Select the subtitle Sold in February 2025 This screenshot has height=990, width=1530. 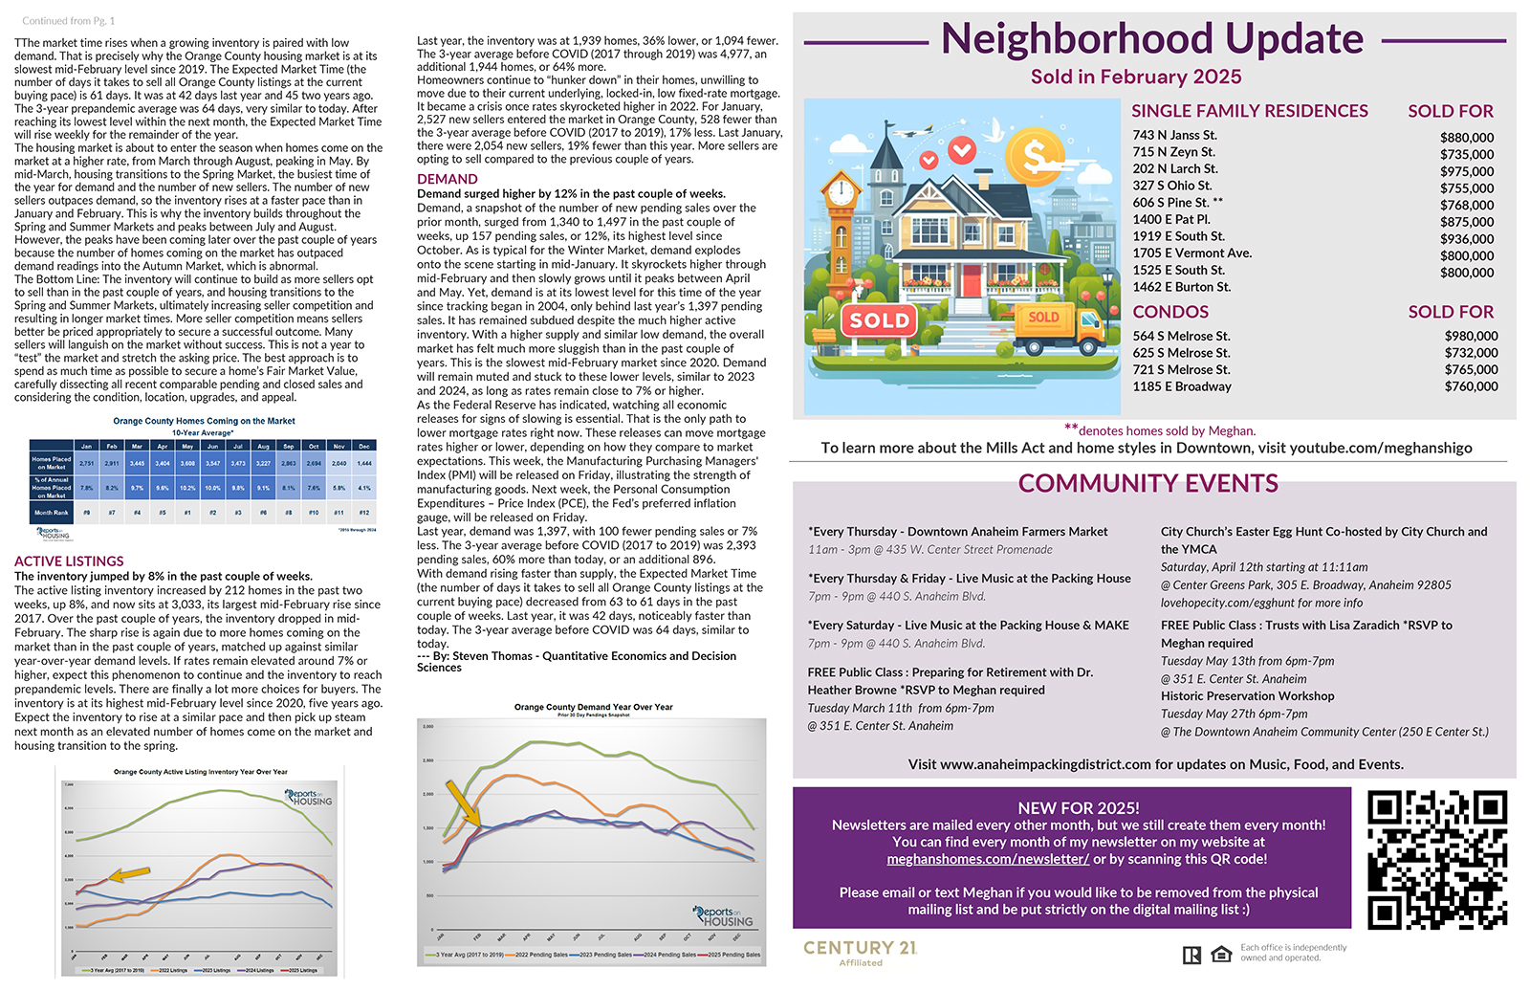tap(1136, 77)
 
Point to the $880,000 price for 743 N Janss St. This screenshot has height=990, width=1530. tap(1466, 138)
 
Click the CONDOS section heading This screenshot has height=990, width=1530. tap(1170, 312)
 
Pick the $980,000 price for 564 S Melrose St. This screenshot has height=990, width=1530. tap(1471, 336)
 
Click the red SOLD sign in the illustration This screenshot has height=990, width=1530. tap(880, 320)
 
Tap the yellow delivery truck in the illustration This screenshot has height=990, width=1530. tap(1062, 328)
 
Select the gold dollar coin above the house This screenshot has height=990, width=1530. tap(1036, 156)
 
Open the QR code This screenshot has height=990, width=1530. tap(1436, 859)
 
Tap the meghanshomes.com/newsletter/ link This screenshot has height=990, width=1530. tap(988, 859)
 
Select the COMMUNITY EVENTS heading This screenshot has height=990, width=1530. tap(1147, 484)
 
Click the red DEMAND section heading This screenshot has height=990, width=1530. tap(447, 179)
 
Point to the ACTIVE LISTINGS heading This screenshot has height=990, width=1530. tap(69, 561)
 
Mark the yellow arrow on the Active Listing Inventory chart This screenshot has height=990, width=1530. tap(129, 873)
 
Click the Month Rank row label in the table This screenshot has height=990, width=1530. tap(51, 513)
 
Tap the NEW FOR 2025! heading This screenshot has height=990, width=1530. tap(1078, 807)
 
